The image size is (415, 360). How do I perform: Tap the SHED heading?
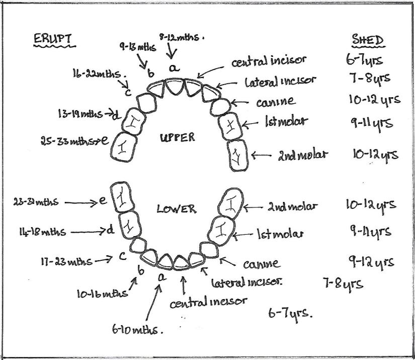[366, 40]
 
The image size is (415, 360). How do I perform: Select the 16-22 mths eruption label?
[99, 74]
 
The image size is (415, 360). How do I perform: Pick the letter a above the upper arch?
[173, 68]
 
